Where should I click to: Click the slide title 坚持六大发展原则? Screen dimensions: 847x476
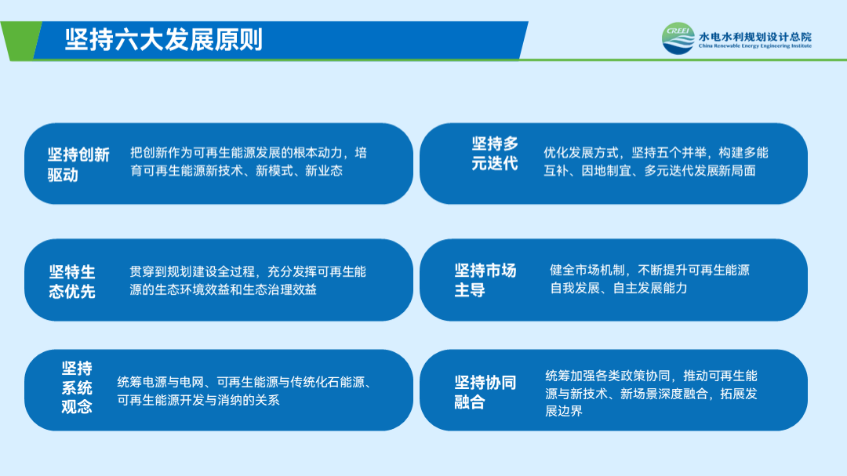pyautogui.click(x=164, y=39)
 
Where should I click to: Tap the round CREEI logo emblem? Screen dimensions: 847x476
pyautogui.click(x=678, y=38)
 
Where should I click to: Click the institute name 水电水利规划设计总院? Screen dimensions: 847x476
pyautogui.click(x=754, y=36)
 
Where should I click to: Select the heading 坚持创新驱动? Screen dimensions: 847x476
pyautogui.click(x=78, y=164)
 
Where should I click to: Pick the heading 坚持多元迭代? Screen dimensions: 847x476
pyautogui.click(x=494, y=154)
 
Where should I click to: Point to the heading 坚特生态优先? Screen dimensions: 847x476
pyautogui.click(x=72, y=282)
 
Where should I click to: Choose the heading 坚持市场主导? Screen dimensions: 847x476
pyautogui.click(x=485, y=280)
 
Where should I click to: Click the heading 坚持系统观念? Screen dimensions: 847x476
pyautogui.click(x=77, y=387)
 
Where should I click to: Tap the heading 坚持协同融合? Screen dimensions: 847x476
pyautogui.click(x=485, y=392)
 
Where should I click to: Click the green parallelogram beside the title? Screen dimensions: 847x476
pyautogui.click(x=22, y=41)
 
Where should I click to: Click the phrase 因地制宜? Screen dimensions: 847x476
pyautogui.click(x=606, y=171)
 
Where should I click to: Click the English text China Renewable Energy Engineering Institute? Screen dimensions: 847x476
pyautogui.click(x=754, y=46)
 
